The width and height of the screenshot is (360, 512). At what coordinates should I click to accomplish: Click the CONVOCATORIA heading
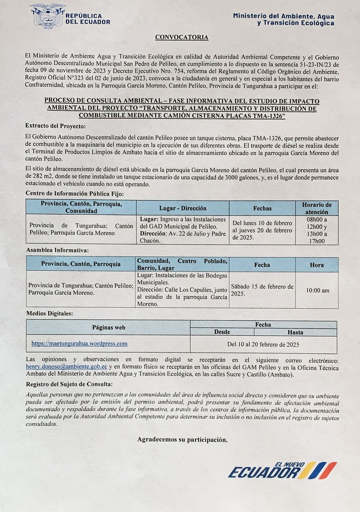pyautogui.click(x=182, y=37)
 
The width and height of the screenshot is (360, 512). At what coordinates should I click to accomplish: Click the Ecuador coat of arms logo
pyautogui.click(x=48, y=16)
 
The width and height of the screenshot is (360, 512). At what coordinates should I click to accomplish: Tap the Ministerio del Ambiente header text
pyautogui.click(x=283, y=19)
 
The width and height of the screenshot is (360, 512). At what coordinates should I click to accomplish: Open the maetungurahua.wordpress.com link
pyautogui.click(x=79, y=344)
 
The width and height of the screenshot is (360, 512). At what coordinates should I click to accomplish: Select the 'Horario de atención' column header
pyautogui.click(x=316, y=208)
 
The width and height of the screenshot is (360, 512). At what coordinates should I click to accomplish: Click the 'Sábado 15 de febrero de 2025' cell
pyautogui.click(x=262, y=290)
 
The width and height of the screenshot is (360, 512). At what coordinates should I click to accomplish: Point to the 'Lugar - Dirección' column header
pyautogui.click(x=183, y=208)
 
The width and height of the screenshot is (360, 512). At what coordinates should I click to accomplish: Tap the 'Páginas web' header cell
pyautogui.click(x=109, y=327)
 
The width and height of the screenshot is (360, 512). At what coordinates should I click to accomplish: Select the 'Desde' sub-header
pyautogui.click(x=222, y=332)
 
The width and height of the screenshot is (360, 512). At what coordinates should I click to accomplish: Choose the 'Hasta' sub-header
pyautogui.click(x=295, y=332)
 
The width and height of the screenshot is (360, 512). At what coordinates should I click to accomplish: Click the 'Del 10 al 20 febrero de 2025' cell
pyautogui.click(x=263, y=345)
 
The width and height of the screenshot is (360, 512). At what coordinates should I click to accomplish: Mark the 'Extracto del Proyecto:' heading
pyautogui.click(x=55, y=126)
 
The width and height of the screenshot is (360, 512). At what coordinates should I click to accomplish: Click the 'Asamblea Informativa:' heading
pyautogui.click(x=57, y=250)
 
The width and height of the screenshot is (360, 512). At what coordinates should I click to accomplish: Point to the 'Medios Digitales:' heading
pyautogui.click(x=49, y=314)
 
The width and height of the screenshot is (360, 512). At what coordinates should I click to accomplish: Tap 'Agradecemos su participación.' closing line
pyautogui.click(x=182, y=440)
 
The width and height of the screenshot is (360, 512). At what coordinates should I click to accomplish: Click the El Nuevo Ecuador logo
pyautogui.click(x=282, y=471)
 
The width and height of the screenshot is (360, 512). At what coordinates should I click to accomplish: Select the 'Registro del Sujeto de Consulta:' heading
pyautogui.click(x=69, y=384)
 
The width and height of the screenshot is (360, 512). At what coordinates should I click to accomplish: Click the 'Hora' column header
pyautogui.click(x=316, y=265)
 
